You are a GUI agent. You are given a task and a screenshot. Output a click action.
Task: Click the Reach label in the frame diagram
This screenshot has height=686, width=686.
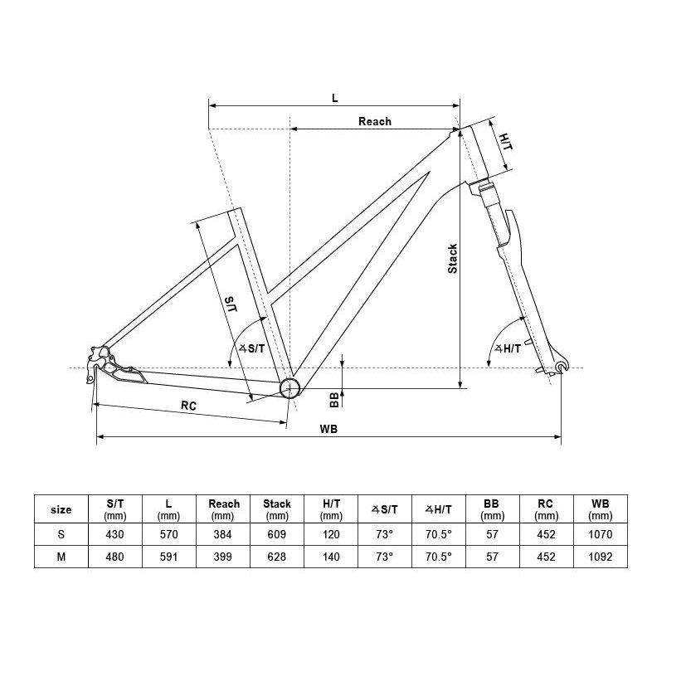point(375,121)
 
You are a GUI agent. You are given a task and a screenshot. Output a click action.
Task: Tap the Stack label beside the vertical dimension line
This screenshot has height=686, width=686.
point(452,259)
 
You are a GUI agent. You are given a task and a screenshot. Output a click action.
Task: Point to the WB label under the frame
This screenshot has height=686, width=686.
point(328,429)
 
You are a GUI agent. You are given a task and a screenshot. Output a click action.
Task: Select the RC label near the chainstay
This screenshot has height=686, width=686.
point(188,406)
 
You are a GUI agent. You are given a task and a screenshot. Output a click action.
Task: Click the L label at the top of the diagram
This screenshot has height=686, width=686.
point(334,98)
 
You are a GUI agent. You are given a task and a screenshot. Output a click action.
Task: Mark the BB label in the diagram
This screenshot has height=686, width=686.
point(334,400)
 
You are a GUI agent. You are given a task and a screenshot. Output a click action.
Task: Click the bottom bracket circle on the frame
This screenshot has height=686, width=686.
point(289,388)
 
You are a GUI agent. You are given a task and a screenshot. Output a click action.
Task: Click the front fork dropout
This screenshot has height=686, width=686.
point(561,366)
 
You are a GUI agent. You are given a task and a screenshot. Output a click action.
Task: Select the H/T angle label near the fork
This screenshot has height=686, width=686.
point(508,348)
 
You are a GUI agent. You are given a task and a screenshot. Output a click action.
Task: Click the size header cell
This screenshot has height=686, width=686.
point(61,509)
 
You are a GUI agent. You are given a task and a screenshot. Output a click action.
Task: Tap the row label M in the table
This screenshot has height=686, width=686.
point(61,557)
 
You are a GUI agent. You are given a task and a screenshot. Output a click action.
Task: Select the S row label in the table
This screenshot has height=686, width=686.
point(61,534)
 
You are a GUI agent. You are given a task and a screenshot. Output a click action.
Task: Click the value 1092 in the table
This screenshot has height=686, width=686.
point(601,557)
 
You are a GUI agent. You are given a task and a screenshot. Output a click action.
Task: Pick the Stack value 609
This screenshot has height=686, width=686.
point(277,534)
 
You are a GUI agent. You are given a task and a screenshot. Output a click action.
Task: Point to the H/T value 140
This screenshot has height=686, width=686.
point(331,557)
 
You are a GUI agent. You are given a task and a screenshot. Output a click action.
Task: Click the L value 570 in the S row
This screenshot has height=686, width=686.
point(169,534)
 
